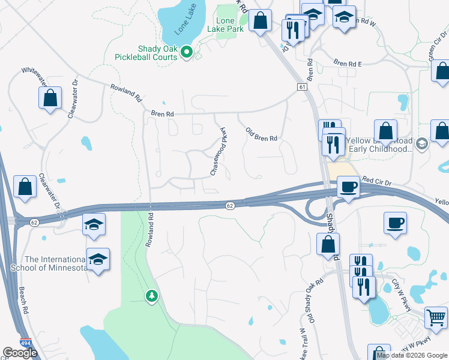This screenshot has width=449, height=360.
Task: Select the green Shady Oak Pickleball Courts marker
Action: click(x=186, y=53)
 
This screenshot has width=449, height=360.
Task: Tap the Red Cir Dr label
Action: click(x=376, y=180)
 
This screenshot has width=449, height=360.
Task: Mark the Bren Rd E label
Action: click(x=348, y=63)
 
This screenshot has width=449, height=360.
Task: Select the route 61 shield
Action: click(x=301, y=88)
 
